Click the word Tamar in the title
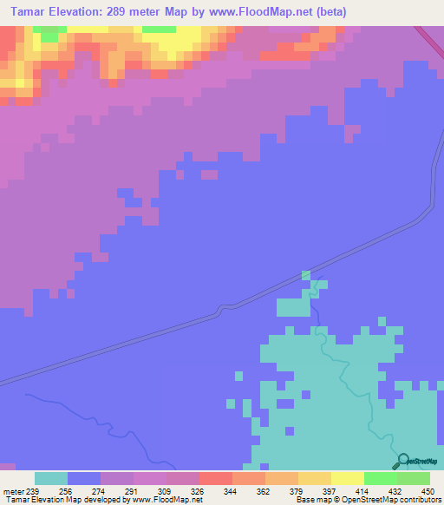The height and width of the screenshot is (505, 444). (x=23, y=11)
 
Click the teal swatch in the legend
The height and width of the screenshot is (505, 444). (x=51, y=478)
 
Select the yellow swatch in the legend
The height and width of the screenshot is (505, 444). (x=347, y=478)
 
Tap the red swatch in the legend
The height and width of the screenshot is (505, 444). (x=216, y=478)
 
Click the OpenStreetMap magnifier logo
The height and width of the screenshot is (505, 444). (x=403, y=460)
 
